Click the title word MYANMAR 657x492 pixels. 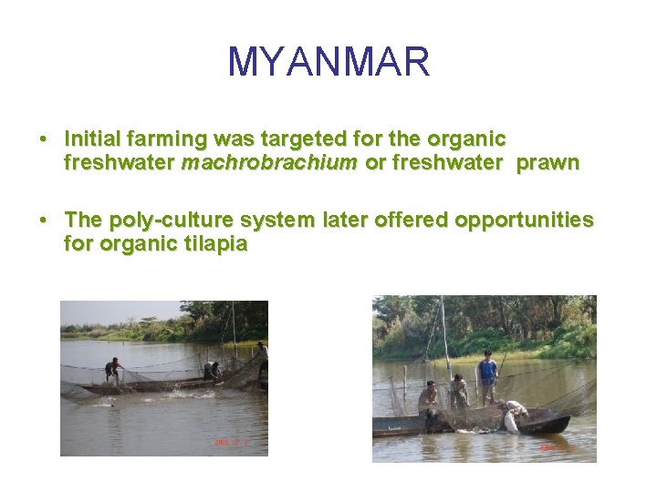coord(328,63)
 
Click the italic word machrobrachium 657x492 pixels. coord(269,163)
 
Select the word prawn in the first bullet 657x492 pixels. coord(547,163)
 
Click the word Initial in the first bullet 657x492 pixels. coord(94,139)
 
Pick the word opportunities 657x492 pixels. coord(524,220)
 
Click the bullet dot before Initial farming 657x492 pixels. coord(43,140)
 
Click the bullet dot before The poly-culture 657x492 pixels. coord(43,221)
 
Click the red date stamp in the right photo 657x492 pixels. coord(557,448)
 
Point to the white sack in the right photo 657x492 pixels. coord(512,421)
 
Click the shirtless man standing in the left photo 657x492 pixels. coord(113,370)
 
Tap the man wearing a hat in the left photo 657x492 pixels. coord(262,357)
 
